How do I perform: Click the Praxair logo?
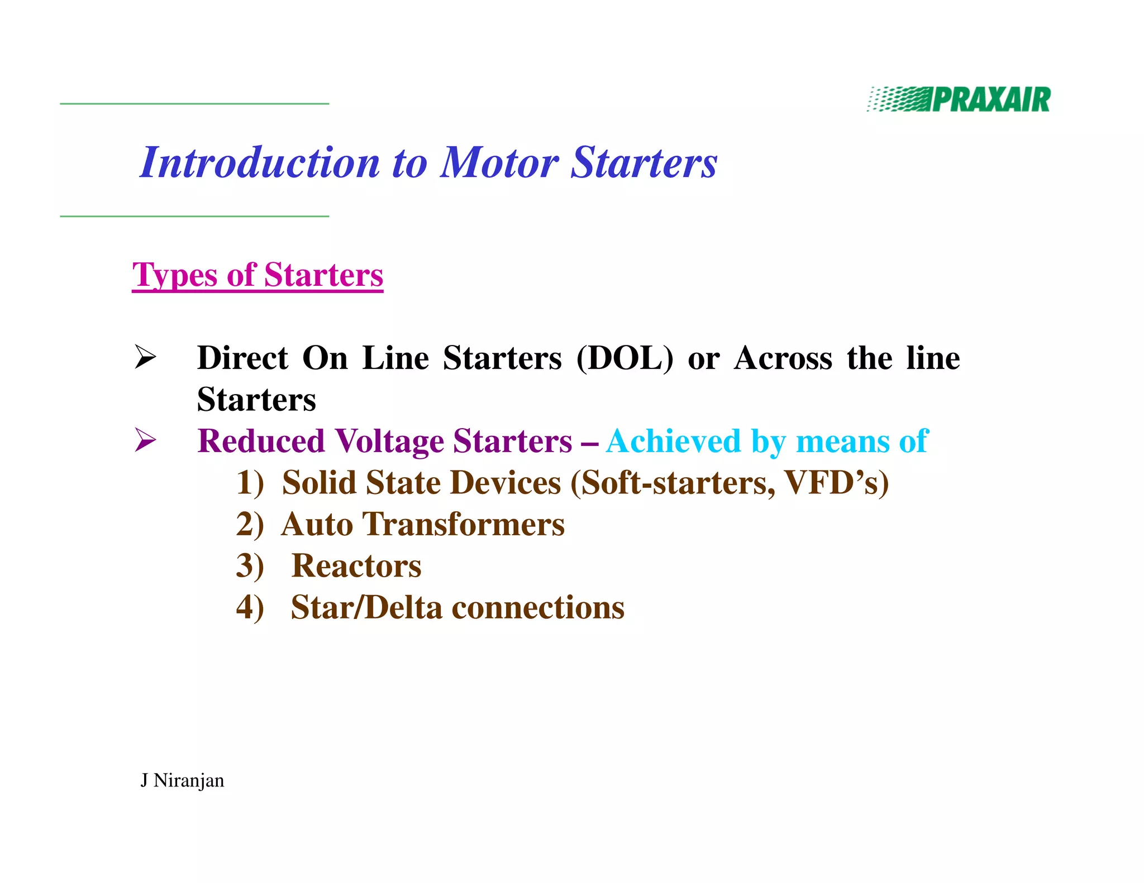tap(959, 100)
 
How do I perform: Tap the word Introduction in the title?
tap(260, 162)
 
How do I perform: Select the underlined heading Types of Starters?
tap(258, 275)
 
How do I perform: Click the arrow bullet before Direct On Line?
tap(145, 357)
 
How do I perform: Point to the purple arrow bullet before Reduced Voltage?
tap(145, 440)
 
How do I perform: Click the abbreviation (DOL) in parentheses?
tap(625, 358)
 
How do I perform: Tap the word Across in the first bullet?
tap(783, 358)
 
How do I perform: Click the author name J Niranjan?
tap(182, 780)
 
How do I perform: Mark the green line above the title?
tap(194, 104)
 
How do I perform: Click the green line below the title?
tap(194, 216)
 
